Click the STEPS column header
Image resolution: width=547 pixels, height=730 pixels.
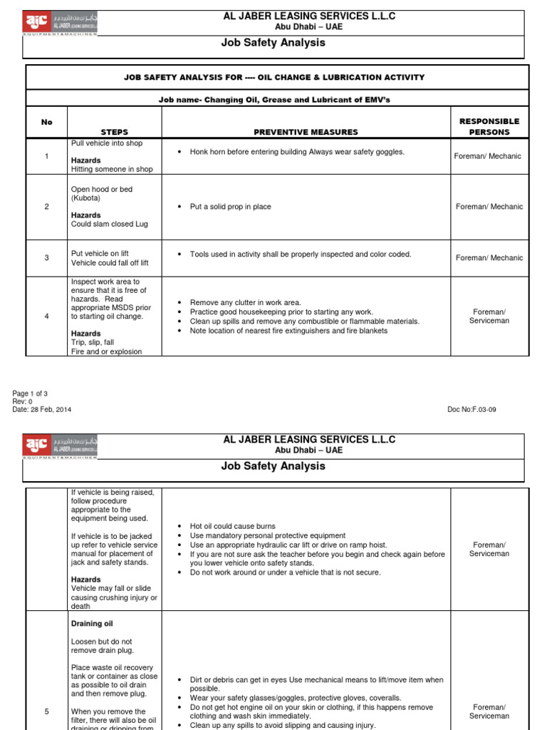click(115, 132)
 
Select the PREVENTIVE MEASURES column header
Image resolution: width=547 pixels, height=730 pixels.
click(306, 132)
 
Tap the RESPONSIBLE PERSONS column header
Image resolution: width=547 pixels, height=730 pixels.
click(489, 127)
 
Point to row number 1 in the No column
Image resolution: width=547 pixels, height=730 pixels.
click(47, 156)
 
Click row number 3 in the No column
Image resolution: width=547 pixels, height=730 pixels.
click(47, 258)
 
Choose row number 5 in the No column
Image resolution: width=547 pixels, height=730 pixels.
click(47, 711)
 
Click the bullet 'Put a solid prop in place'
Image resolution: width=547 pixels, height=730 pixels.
click(230, 207)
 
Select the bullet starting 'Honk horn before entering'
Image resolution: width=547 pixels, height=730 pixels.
click(296, 152)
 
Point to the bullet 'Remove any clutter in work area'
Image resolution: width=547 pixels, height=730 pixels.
click(245, 303)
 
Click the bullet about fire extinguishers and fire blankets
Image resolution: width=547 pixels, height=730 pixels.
click(288, 331)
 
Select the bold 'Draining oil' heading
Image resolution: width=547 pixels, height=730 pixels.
click(92, 624)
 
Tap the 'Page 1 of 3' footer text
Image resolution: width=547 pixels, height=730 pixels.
click(30, 394)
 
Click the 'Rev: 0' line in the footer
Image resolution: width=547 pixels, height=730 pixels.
click(22, 401)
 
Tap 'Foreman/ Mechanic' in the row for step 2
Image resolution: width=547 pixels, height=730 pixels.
click(489, 207)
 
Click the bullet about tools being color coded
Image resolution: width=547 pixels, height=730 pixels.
click(300, 254)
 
